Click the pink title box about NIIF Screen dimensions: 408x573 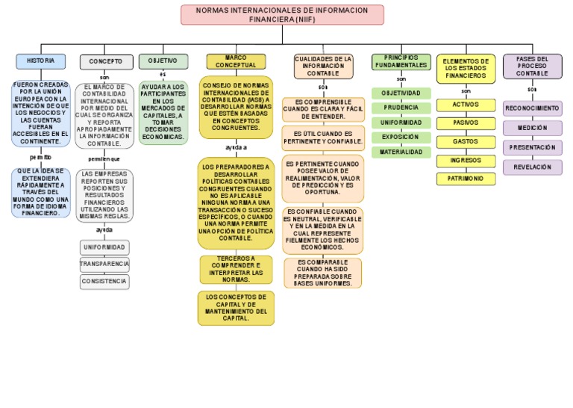[282, 14]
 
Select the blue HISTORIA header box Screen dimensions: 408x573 [40, 61]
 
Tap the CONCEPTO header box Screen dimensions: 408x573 [106, 61]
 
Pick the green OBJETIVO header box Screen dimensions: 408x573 [163, 61]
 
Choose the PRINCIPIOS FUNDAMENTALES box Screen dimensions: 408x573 [401, 61]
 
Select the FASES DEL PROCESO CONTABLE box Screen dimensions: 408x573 [532, 66]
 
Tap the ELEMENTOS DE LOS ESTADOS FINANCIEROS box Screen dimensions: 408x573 [466, 68]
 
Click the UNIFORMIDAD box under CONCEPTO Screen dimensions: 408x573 [104, 247]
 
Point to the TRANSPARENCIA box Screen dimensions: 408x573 [104, 265]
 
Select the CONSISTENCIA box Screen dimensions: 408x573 [104, 282]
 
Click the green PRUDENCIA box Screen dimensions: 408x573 [401, 108]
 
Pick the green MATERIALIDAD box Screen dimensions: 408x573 [401, 152]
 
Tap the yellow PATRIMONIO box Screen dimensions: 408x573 [466, 179]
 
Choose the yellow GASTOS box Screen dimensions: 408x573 [466, 142]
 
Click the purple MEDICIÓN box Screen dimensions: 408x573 [532, 129]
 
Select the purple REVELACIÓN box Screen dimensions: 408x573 [532, 167]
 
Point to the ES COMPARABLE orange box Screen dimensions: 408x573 [322, 273]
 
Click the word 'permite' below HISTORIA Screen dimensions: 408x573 [40, 158]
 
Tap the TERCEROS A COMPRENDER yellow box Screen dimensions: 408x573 [236, 270]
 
